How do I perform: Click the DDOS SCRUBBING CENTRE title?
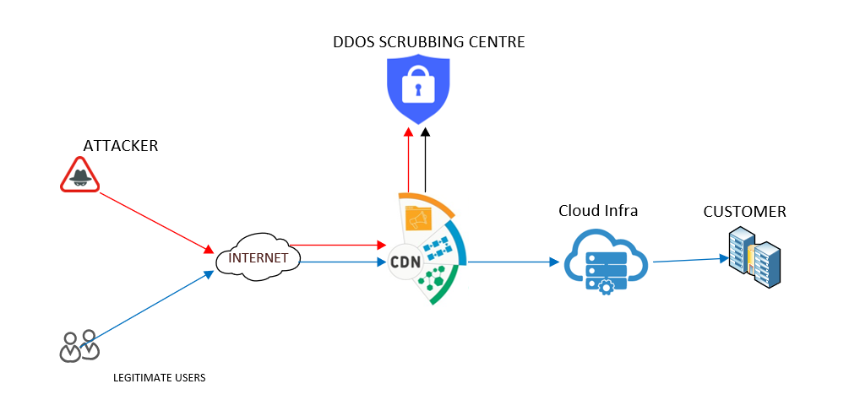coord(428,41)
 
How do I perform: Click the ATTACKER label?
coord(121,146)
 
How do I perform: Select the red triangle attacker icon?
coord(79,176)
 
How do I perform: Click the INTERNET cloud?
coord(259,258)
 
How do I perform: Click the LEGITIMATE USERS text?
coord(160,377)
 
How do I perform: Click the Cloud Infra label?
coord(598,211)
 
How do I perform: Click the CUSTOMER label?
coord(744,211)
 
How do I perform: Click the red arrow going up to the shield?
coord(408,160)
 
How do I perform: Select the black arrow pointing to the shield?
coord(425,160)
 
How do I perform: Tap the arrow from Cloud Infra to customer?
coord(689,260)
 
